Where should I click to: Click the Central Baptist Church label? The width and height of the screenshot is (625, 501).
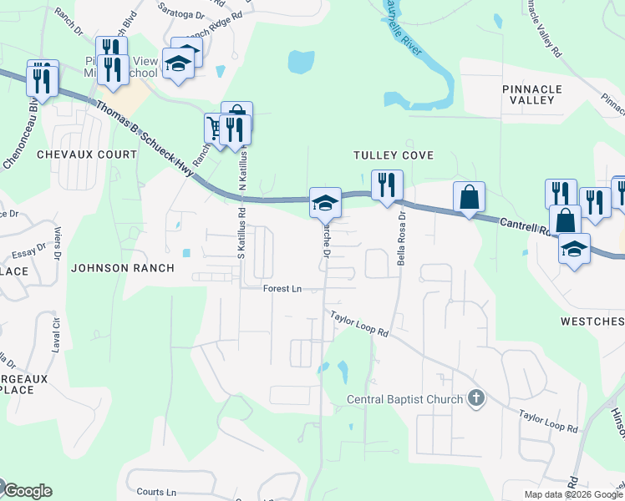click(x=404, y=399)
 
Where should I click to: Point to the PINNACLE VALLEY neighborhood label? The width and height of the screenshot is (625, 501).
click(x=532, y=94)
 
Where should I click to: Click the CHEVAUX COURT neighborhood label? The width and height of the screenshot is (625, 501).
click(x=86, y=154)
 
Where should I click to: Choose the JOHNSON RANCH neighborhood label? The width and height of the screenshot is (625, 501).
click(x=122, y=268)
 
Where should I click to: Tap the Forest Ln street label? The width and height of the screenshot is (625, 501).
click(x=282, y=289)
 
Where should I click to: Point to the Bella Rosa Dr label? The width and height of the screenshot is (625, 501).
click(x=402, y=237)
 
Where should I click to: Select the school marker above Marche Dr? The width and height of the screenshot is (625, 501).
click(x=325, y=202)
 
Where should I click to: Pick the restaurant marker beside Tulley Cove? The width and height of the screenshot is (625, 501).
click(x=387, y=185)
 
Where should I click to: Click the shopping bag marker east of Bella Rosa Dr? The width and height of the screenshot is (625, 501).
click(x=469, y=198)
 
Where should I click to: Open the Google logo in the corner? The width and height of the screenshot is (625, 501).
click(x=27, y=491)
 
